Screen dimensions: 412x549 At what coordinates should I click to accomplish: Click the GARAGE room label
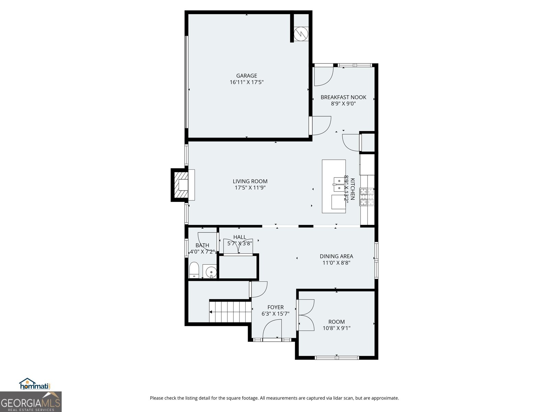click(x=246, y=76)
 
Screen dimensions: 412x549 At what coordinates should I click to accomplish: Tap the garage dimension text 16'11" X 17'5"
click(x=246, y=82)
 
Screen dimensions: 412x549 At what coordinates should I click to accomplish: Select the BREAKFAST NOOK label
click(x=343, y=97)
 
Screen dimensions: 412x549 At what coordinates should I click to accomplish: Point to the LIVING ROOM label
click(x=250, y=181)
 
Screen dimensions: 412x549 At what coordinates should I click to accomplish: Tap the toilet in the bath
click(x=194, y=270)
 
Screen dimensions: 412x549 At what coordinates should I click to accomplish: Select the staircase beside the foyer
click(x=229, y=312)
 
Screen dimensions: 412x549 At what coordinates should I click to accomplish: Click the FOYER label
click(x=276, y=307)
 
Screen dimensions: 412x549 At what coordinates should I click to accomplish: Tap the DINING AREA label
click(x=336, y=256)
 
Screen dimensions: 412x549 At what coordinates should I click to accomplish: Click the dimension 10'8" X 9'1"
click(x=336, y=328)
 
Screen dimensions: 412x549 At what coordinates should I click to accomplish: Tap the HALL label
click(x=240, y=237)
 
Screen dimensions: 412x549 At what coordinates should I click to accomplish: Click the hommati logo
click(x=35, y=384)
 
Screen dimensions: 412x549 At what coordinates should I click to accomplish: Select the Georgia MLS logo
click(x=31, y=402)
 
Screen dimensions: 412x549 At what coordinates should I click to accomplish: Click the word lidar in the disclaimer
click(x=328, y=398)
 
